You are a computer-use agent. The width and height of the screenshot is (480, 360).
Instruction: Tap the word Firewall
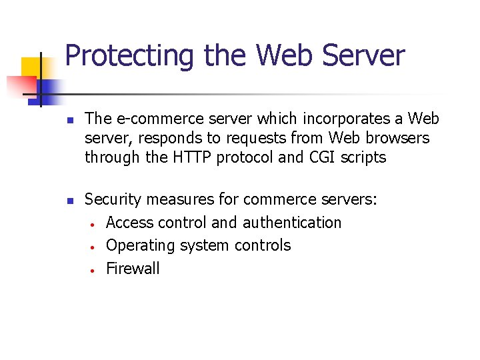[x=133, y=269]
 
